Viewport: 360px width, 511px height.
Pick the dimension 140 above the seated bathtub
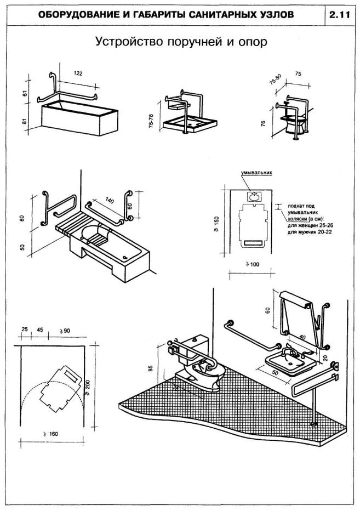click(x=108, y=201)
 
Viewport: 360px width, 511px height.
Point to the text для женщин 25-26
click(x=311, y=225)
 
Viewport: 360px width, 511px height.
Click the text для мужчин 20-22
click(x=311, y=232)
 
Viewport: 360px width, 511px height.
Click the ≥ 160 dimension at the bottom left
click(x=50, y=434)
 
